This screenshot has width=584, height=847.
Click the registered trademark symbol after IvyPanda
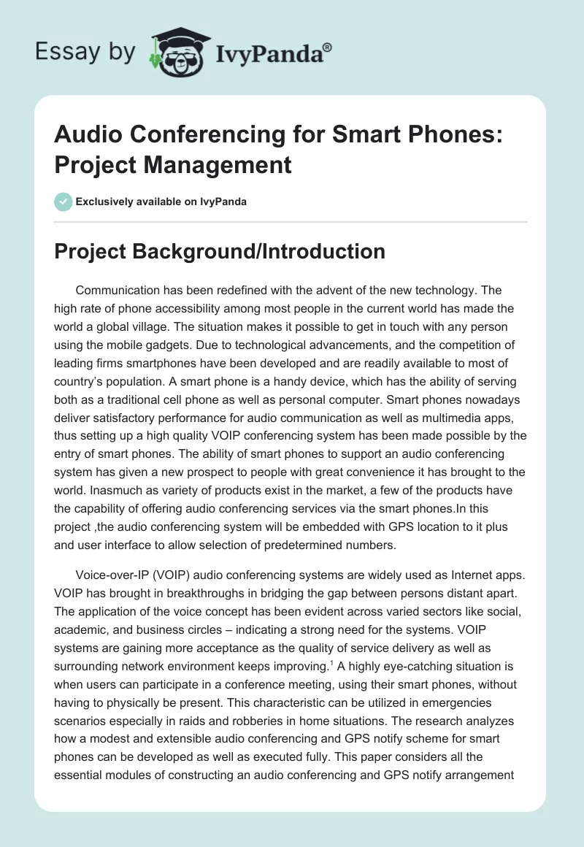tap(328, 47)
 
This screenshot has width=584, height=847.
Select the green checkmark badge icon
tap(64, 202)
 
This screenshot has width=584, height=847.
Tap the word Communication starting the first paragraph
tap(120, 291)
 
